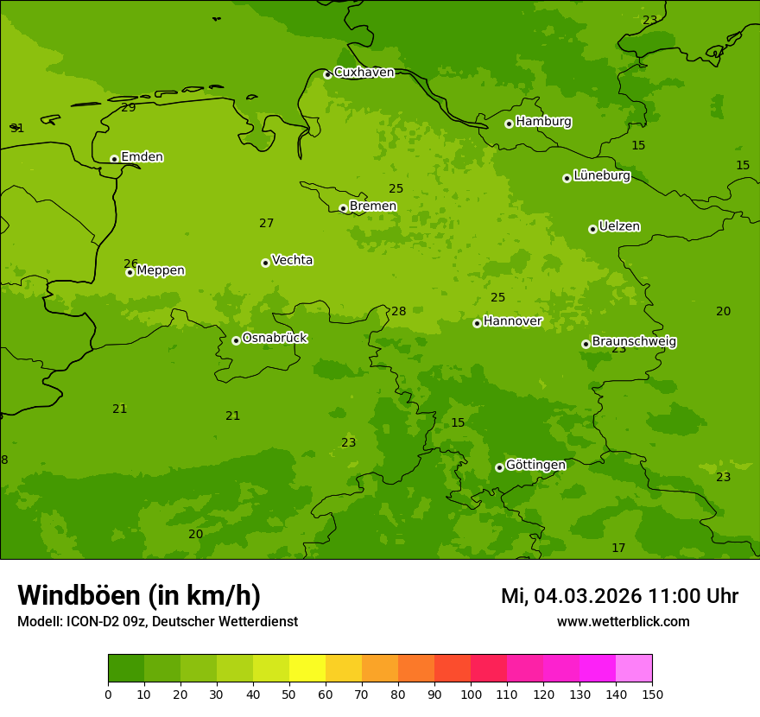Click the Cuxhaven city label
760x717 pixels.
pyautogui.click(x=364, y=73)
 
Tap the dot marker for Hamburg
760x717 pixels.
pyautogui.click(x=509, y=124)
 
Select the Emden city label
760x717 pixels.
pyautogui.click(x=142, y=157)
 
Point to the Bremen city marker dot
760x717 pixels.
pyautogui.click(x=343, y=208)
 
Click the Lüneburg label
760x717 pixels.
pyautogui.click(x=601, y=175)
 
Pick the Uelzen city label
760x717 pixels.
pyautogui.click(x=619, y=226)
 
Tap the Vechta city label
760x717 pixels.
pyautogui.click(x=292, y=260)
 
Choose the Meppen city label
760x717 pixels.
pyautogui.click(x=161, y=270)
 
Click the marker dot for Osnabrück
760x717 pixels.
pyautogui.click(x=236, y=340)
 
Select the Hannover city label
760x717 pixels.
pyautogui.click(x=512, y=321)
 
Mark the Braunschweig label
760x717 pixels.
pyautogui.click(x=634, y=342)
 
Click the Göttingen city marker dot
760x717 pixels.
pyautogui.click(x=499, y=467)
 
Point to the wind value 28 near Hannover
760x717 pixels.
pyautogui.click(x=398, y=312)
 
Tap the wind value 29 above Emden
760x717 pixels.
pyautogui.click(x=129, y=108)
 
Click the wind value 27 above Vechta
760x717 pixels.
pyautogui.click(x=267, y=224)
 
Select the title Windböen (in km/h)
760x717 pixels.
pyautogui.click(x=139, y=595)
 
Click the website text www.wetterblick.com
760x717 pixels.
pyautogui.click(x=623, y=622)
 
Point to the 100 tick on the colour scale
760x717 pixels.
pyautogui.click(x=471, y=694)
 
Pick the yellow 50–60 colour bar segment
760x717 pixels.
pyautogui.click(x=307, y=669)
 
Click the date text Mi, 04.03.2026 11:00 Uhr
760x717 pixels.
pyautogui.click(x=619, y=596)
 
